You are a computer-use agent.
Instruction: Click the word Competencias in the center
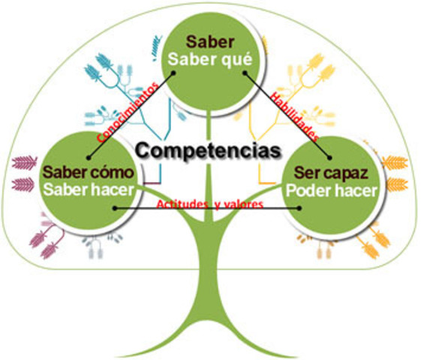pos(210,149)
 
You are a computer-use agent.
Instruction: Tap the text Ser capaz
pos(331,172)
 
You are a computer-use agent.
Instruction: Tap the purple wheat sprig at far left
pos(24,163)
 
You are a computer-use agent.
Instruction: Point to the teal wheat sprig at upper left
pos(100,68)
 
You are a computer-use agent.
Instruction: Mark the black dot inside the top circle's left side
pos(175,73)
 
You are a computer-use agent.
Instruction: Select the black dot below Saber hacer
pos(113,211)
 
